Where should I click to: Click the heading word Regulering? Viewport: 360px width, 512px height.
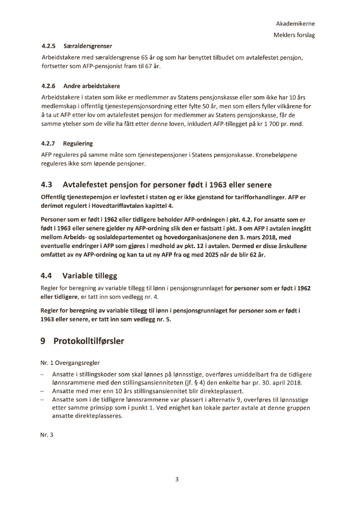pos(78,143)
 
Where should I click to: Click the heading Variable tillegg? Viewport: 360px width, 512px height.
pos(89,276)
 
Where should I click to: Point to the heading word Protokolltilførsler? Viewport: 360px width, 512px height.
pos(89,342)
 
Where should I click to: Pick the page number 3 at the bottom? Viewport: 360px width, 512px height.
pos(178,480)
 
